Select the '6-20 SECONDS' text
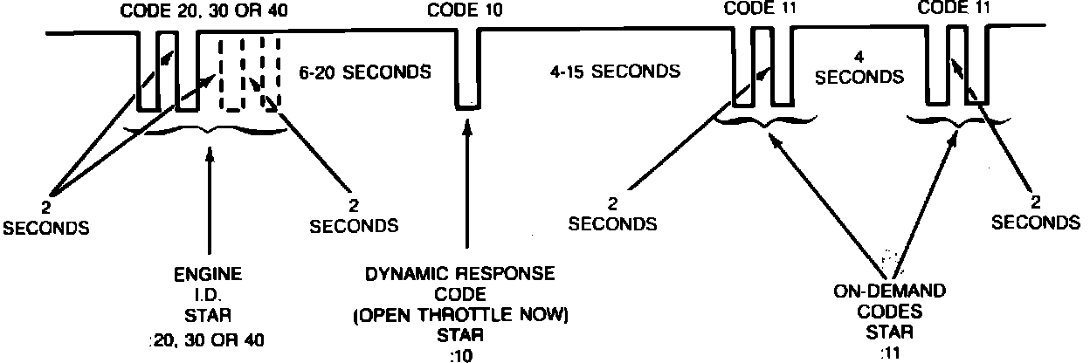[x=364, y=72]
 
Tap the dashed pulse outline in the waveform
[x=250, y=73]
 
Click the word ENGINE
[x=208, y=274]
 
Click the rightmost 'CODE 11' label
[x=956, y=10]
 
